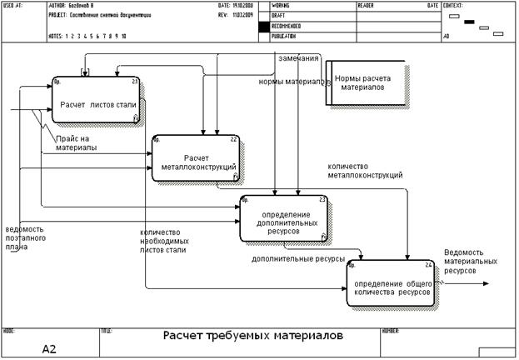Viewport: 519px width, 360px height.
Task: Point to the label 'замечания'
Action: click(x=298, y=58)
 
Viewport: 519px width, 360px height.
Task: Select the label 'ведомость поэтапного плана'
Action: click(x=24, y=237)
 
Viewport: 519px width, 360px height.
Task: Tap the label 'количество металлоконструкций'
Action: click(x=366, y=171)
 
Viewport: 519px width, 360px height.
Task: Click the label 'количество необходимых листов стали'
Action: click(x=163, y=241)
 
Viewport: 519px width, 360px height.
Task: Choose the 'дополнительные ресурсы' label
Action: click(x=298, y=260)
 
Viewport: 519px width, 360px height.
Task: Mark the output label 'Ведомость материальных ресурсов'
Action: click(x=470, y=261)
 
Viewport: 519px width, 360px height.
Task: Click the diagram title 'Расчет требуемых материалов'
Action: click(x=252, y=336)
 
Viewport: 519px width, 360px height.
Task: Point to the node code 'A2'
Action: click(x=49, y=349)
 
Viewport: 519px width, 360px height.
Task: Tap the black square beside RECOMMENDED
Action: click(x=264, y=27)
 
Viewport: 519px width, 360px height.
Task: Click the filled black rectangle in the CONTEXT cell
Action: click(x=469, y=22)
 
